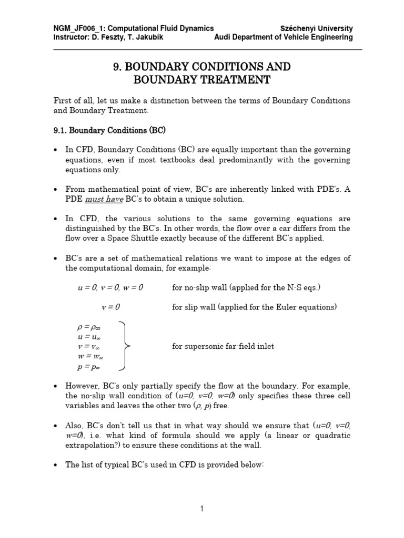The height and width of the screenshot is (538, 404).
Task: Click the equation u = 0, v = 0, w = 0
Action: tap(110, 287)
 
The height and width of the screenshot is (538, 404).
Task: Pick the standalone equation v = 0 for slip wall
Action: tap(111, 307)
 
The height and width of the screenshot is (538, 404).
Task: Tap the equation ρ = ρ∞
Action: tap(89, 327)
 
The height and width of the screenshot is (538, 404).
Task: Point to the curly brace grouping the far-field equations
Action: tap(125, 346)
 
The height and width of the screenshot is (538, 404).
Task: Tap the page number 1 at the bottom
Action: tap(202, 509)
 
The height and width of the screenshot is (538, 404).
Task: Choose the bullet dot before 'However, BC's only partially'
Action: tap(56, 386)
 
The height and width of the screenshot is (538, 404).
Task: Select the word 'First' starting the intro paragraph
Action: tap(62, 101)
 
